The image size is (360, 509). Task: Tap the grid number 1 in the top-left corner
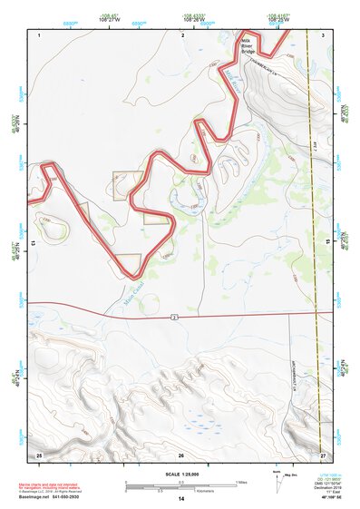pyautogui.click(x=40, y=34)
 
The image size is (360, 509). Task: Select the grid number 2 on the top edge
pyautogui.click(x=182, y=34)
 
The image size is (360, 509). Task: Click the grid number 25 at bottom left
pyautogui.click(x=39, y=454)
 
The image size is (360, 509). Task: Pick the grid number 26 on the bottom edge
pyautogui.click(x=181, y=455)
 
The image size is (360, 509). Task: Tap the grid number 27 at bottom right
pyautogui.click(x=322, y=454)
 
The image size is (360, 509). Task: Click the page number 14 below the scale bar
pyautogui.click(x=181, y=499)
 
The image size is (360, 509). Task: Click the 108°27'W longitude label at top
pyautogui.click(x=111, y=19)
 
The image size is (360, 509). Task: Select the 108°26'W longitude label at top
pyautogui.click(x=193, y=19)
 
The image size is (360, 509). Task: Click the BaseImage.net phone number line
pyautogui.click(x=50, y=498)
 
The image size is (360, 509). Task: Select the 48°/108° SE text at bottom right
pyautogui.click(x=319, y=499)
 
